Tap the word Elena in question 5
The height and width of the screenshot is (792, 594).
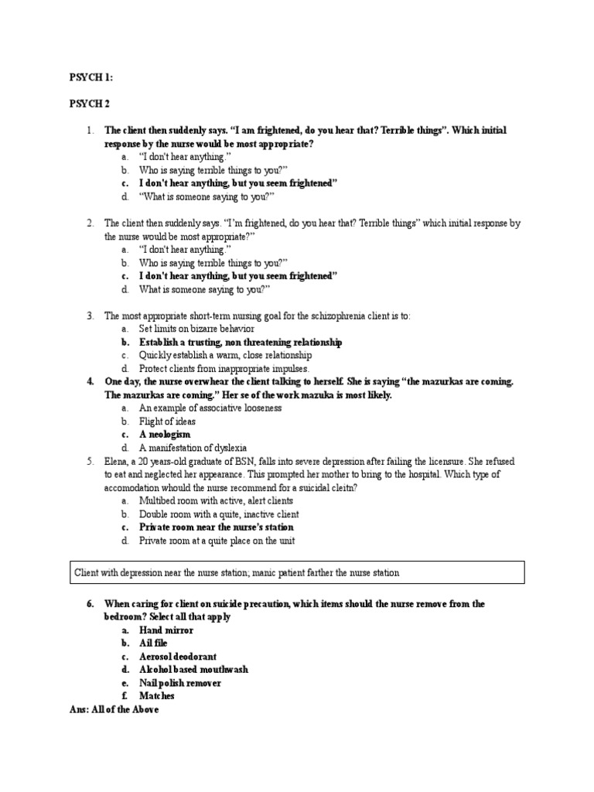tap(117, 461)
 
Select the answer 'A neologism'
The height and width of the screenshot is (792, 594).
tap(165, 435)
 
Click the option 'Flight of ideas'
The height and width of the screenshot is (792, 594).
tap(167, 422)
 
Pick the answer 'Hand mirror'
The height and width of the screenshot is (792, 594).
tap(166, 630)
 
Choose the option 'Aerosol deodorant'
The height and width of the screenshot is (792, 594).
tap(178, 657)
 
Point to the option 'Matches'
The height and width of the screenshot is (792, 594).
tap(157, 696)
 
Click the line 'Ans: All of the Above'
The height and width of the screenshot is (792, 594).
tap(114, 709)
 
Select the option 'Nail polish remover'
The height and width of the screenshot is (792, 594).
tap(180, 683)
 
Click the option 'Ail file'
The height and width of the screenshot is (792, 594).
tap(154, 643)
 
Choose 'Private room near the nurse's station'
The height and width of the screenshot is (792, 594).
tap(217, 527)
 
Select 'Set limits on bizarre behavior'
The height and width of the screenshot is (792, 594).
tap(196, 329)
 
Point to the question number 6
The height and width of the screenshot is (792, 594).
tap(90, 604)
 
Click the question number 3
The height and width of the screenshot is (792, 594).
tap(90, 316)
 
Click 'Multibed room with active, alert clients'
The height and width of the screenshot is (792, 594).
tap(216, 500)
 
